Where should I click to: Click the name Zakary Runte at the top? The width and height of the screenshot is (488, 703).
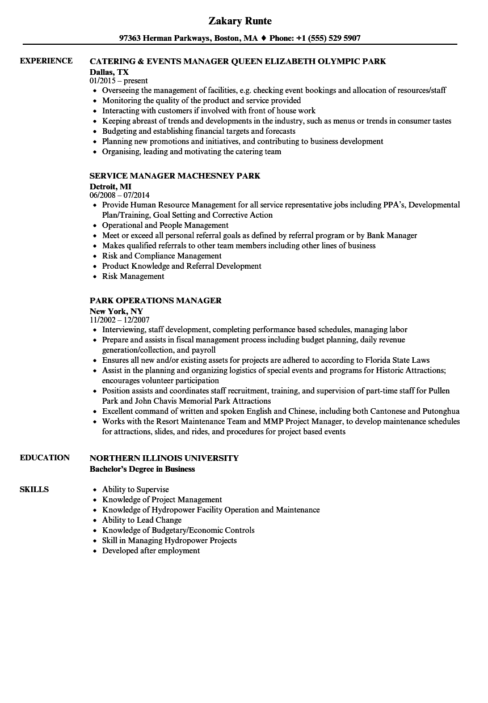pyautogui.click(x=240, y=21)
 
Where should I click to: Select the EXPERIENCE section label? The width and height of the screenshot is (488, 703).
pyautogui.click(x=46, y=61)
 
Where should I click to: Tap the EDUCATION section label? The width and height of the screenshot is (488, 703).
pyautogui.click(x=45, y=458)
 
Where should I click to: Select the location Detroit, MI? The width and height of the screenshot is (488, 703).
pyautogui.click(x=110, y=185)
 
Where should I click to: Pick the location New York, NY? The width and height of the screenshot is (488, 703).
pyautogui.click(x=116, y=310)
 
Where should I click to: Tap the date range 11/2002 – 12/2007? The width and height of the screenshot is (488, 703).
pyautogui.click(x=119, y=320)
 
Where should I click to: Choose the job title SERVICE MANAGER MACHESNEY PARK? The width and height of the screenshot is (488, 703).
pyautogui.click(x=175, y=176)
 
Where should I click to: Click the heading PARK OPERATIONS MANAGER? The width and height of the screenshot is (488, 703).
pyautogui.click(x=155, y=300)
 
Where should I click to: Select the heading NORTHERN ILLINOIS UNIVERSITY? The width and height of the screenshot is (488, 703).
pyautogui.click(x=164, y=458)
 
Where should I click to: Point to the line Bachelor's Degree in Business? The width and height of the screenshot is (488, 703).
pyautogui.click(x=142, y=469)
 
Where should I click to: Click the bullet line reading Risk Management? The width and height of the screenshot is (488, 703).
pyautogui.click(x=133, y=276)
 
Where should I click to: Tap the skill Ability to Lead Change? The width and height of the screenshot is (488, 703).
pyautogui.click(x=142, y=520)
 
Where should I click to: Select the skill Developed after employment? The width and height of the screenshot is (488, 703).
pyautogui.click(x=151, y=550)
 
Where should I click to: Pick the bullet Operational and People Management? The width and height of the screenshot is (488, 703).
pyautogui.click(x=165, y=225)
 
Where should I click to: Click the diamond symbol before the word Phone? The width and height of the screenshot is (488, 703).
pyautogui.click(x=263, y=39)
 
